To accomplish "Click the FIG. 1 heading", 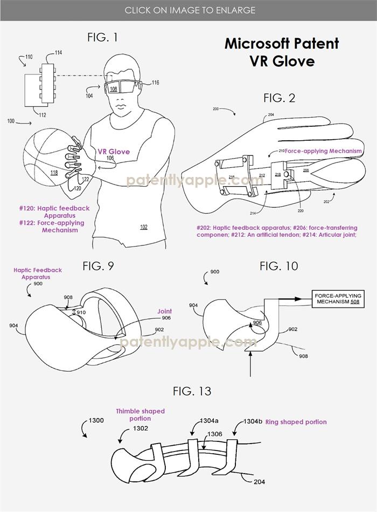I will click(x=102, y=37).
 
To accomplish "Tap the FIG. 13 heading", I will click(x=192, y=391).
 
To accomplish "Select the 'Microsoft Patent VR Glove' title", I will click(x=282, y=52).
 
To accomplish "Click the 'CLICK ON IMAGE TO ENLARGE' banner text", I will click(x=190, y=10).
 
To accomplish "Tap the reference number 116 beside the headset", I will click(x=155, y=83).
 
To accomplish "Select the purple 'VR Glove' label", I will click(x=114, y=152).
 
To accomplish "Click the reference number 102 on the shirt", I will click(x=143, y=227).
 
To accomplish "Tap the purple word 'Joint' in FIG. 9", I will click(x=164, y=311).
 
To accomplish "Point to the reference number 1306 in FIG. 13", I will click(x=214, y=434).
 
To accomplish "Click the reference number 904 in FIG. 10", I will click(x=193, y=306).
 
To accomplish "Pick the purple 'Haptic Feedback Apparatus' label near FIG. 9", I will click(x=38, y=274).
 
